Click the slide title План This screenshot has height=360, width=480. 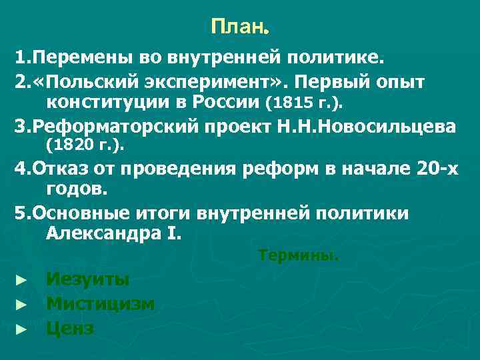(x=239, y=27)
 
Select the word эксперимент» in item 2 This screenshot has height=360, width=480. (x=213, y=81)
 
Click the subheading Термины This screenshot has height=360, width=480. (x=298, y=255)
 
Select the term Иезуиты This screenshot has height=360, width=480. (x=88, y=279)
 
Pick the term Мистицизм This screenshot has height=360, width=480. (x=101, y=304)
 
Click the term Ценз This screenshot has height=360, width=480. (x=70, y=328)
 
